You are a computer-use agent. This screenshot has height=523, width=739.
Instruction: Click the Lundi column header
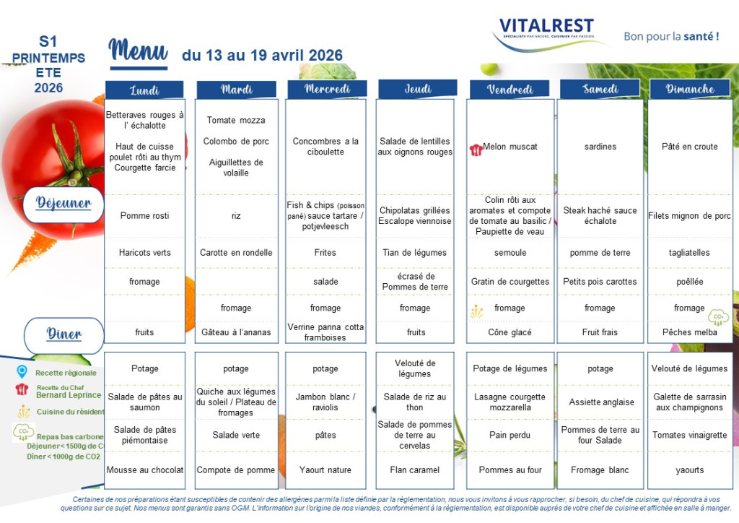click(x=145, y=90)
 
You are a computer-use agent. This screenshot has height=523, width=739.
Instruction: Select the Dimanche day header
click(x=691, y=89)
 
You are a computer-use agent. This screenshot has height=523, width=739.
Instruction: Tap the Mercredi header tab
click(x=327, y=89)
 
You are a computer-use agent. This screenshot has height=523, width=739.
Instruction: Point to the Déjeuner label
click(x=64, y=203)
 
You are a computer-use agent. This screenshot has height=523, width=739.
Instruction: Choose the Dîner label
click(x=64, y=334)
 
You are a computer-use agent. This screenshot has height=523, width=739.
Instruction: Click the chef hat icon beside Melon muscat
click(x=475, y=149)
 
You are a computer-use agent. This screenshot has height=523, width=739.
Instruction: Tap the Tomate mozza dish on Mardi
click(x=236, y=121)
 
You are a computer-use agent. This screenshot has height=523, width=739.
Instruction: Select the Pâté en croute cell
click(x=690, y=147)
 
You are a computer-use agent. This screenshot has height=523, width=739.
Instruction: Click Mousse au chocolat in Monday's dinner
click(x=145, y=470)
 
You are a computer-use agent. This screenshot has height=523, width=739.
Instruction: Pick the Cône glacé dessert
click(x=510, y=333)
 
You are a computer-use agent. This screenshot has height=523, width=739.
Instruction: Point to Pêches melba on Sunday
click(x=689, y=333)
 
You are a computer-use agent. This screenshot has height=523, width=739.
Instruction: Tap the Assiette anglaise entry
click(x=600, y=402)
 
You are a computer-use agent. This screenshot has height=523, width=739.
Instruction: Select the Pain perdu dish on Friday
click(x=510, y=436)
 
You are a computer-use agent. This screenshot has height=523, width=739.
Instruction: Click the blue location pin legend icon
click(x=22, y=372)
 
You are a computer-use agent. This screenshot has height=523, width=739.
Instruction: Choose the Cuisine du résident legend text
click(x=66, y=412)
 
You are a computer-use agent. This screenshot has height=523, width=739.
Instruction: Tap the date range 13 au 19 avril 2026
click(x=263, y=56)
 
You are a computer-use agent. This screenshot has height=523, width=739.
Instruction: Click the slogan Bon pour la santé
click(x=671, y=36)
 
